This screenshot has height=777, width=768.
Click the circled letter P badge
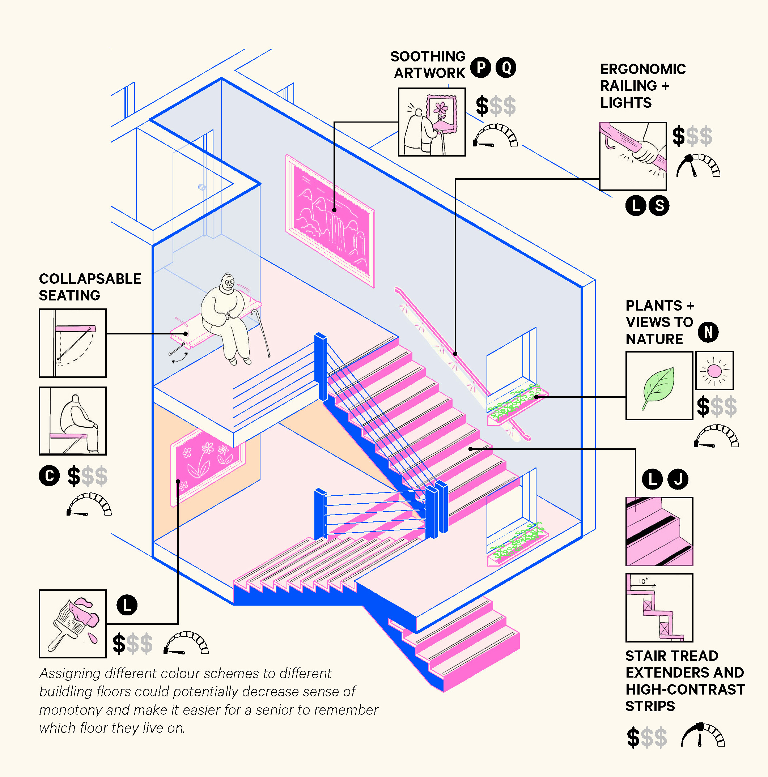pos(480,67)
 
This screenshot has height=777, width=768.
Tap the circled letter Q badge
pos(506,67)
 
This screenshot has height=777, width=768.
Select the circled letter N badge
pos(708,332)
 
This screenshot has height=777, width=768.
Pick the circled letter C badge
pos(49,476)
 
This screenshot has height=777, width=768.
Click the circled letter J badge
pos(678,479)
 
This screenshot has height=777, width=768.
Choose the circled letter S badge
pos(659,206)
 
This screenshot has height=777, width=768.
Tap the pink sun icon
pos(714,370)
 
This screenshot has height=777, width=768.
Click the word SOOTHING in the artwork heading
pos(428,56)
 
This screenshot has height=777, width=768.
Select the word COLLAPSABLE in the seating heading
pos(90,279)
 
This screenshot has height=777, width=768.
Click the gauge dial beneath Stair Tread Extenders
pos(703,736)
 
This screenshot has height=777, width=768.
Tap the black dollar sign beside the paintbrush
pos(119,643)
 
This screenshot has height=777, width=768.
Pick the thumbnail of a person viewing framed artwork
pos(432,122)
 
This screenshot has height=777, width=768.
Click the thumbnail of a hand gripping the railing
pos(633,156)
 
